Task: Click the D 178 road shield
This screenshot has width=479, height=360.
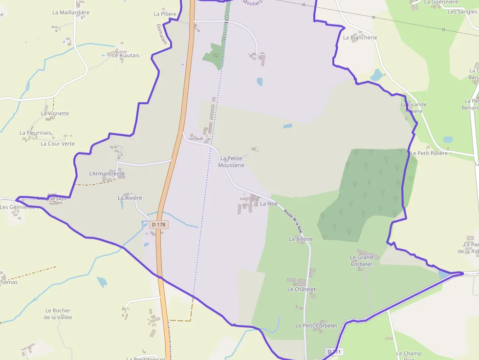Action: [159, 225]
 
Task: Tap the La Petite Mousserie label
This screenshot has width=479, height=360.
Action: [231, 162]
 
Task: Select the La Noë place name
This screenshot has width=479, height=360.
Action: [269, 203]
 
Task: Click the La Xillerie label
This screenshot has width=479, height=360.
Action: [301, 239]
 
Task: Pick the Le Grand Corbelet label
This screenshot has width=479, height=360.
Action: [361, 260]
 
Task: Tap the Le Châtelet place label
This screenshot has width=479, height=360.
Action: [301, 289]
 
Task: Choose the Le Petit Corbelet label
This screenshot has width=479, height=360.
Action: [316, 325]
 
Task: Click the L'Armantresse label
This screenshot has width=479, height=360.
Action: [107, 173]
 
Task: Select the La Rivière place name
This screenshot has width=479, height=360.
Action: [130, 198]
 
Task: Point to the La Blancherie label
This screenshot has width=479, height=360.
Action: [360, 37]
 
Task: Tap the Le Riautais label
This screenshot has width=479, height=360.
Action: [126, 55]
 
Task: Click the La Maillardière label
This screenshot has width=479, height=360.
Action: [71, 13]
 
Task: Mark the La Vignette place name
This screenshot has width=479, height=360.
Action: [55, 113]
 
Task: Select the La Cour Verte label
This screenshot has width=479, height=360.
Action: [58, 144]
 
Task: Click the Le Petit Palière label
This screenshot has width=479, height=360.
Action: [429, 153]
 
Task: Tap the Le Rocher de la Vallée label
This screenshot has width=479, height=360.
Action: [58, 314]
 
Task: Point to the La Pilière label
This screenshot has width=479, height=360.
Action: [165, 14]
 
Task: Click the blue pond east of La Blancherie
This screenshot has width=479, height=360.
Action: [376, 75]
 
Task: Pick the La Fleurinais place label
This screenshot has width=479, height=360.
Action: [35, 132]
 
